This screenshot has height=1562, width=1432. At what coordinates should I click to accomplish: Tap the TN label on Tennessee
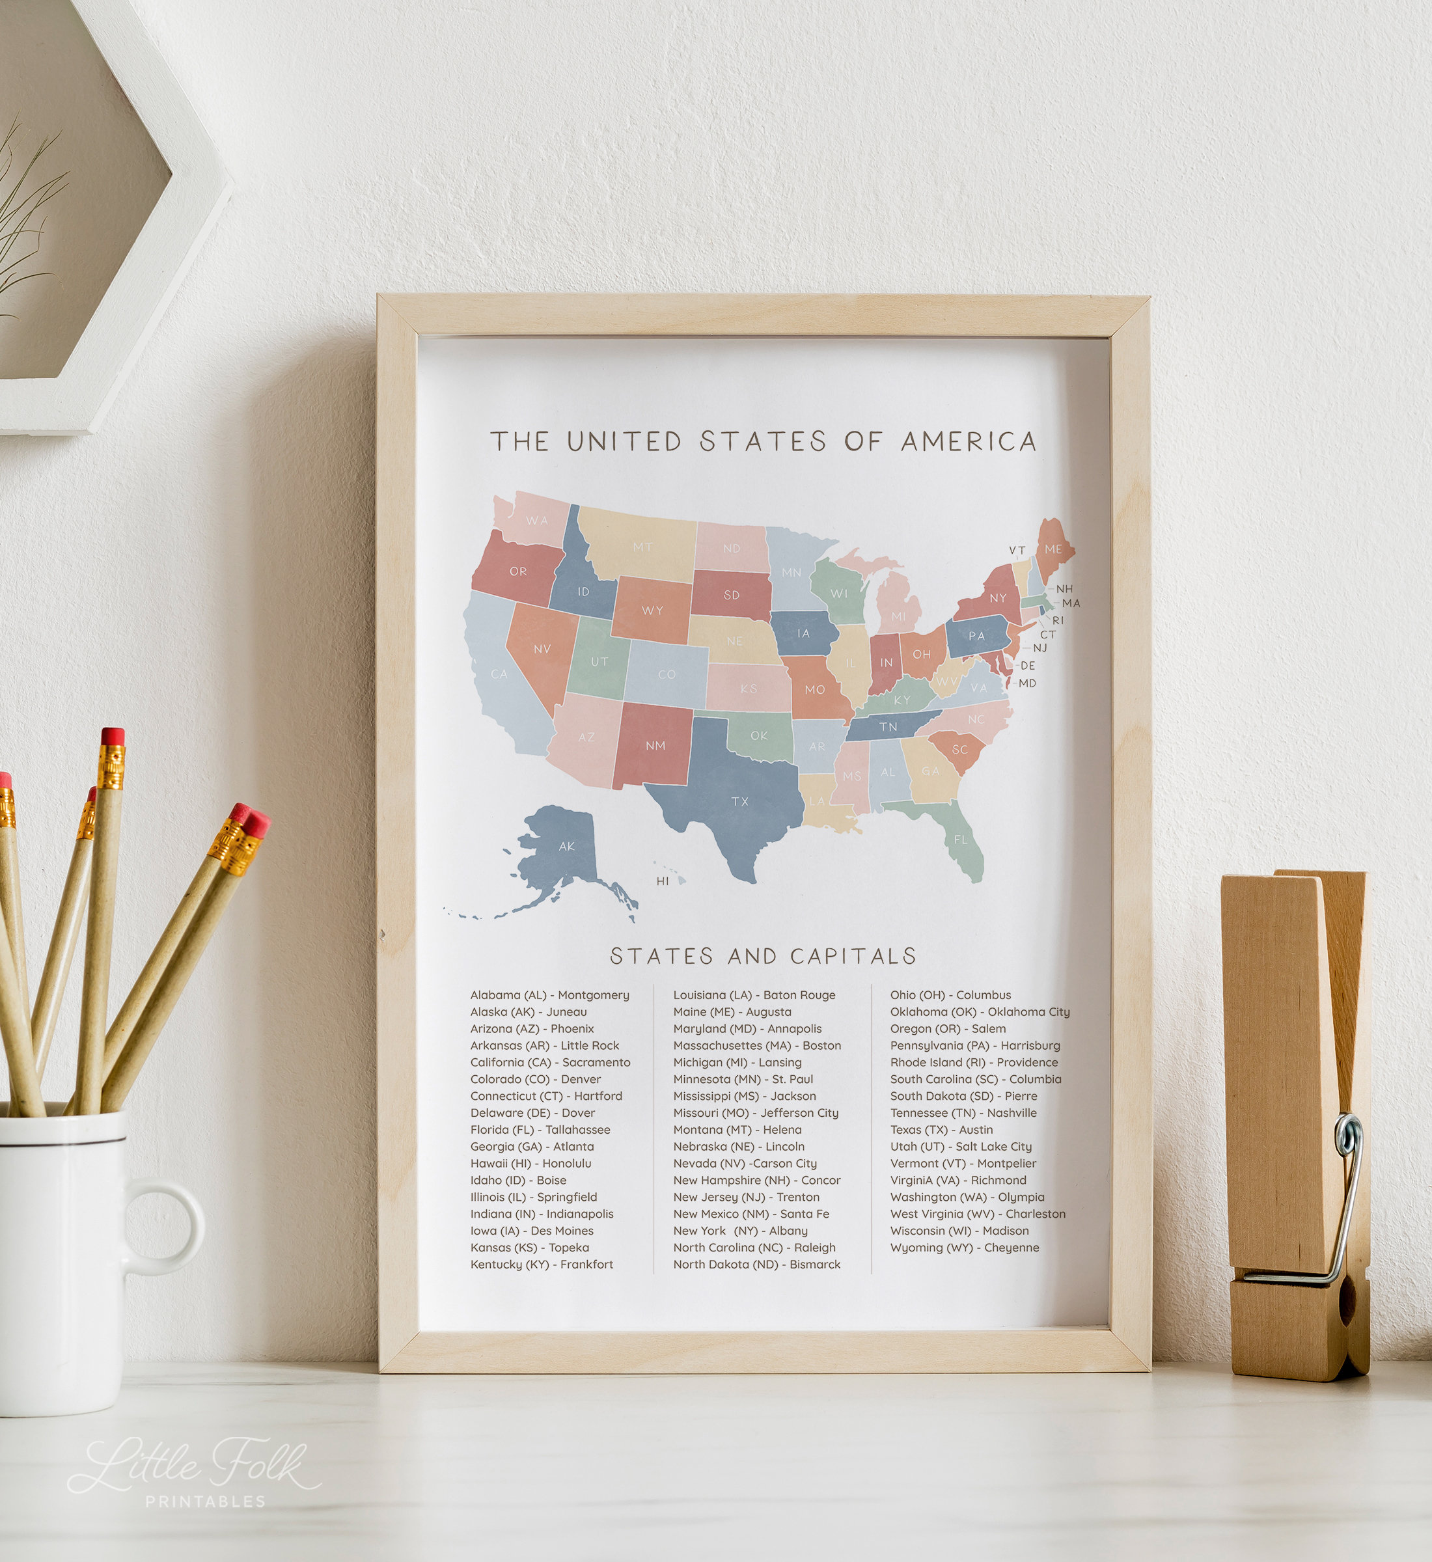pos(888,727)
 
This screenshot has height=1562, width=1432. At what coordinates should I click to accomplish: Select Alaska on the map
pos(562,853)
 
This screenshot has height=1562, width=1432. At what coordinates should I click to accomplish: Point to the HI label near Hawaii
pos(663,881)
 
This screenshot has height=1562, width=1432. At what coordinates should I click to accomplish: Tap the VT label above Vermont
pos(1017,550)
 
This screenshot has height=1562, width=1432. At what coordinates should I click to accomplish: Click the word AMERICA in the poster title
pos(969,442)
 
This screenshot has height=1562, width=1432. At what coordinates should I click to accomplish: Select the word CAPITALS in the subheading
pos(853,956)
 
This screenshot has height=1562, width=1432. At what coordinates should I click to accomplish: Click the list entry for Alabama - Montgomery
pos(549,995)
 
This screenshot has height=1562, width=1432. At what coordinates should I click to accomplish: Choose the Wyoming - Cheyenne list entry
pos(964,1248)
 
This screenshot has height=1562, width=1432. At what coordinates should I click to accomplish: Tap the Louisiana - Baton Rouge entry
pos(754,995)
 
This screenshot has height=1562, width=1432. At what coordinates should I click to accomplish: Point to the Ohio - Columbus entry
pos(950,995)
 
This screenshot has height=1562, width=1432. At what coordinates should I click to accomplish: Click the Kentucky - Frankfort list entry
pos(541,1265)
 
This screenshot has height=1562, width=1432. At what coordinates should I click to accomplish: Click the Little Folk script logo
pos(194,1464)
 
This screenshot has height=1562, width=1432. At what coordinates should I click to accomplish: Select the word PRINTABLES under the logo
pos(205,1501)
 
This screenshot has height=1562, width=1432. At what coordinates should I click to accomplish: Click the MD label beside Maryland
pos(1026,683)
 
